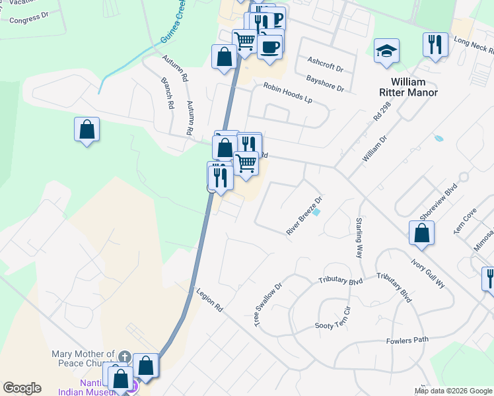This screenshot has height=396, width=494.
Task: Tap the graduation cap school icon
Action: (x=386, y=51)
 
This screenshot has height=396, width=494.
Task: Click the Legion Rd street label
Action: (x=209, y=300)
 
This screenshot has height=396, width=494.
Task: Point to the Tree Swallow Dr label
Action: (x=268, y=304)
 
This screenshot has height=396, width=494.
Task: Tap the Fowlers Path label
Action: (x=407, y=341)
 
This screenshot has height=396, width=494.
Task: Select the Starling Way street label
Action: (x=360, y=237)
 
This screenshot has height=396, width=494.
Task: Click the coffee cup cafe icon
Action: (x=271, y=46)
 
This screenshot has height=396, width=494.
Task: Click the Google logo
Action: (x=22, y=388)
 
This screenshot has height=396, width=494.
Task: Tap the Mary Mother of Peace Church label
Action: (x=84, y=359)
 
